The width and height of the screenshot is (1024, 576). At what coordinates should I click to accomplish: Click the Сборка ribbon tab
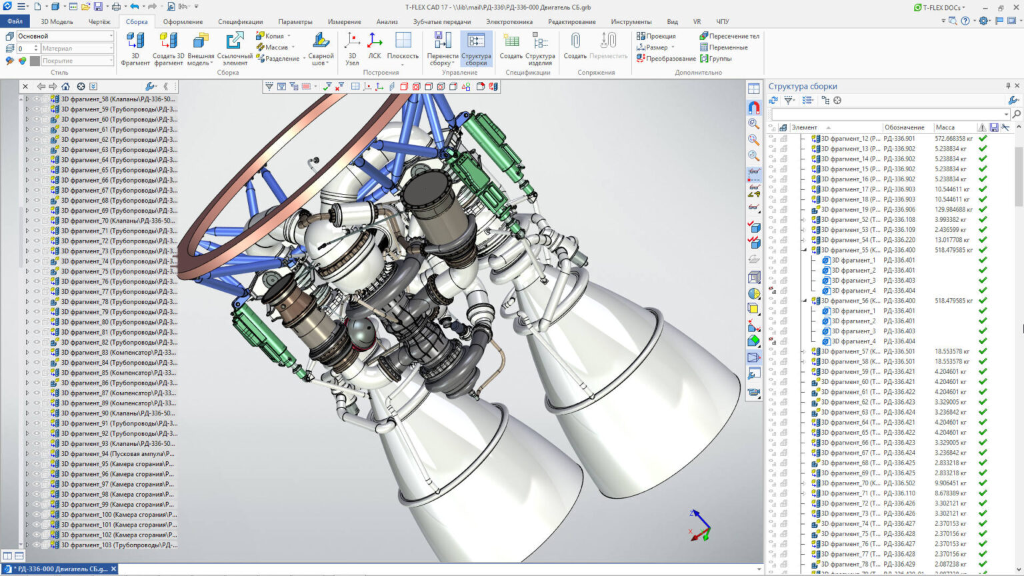137,21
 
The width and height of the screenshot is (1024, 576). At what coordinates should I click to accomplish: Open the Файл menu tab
15,21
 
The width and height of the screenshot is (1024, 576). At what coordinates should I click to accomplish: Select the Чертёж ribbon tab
99,21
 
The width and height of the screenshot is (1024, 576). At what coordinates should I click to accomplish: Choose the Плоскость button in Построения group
403,47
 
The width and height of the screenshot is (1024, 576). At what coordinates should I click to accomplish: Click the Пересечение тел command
729,36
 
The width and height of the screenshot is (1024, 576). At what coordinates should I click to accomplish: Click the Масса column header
945,127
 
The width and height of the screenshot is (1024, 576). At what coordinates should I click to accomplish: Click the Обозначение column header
904,127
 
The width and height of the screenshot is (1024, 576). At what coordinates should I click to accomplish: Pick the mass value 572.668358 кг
953,139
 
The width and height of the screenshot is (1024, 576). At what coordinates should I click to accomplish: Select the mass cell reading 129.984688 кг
953,209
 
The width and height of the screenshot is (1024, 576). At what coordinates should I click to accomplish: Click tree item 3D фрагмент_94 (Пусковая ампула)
117,454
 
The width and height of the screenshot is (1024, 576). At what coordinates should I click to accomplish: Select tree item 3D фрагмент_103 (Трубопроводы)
119,545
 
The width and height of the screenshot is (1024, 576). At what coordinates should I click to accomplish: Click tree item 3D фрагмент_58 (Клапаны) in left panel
117,99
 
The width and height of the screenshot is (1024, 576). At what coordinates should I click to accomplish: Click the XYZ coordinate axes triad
699,526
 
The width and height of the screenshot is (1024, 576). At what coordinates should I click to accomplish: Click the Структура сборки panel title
803,86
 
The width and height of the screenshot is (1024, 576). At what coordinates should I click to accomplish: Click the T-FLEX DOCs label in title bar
940,7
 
